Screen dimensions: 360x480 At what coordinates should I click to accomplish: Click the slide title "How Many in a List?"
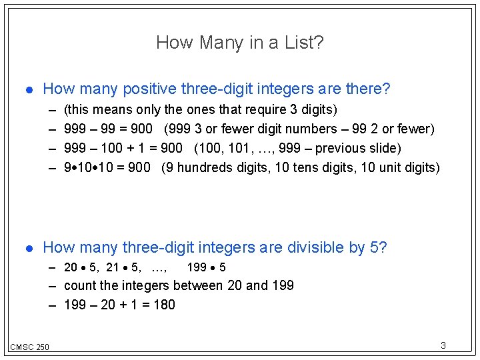pyautogui.click(x=240, y=43)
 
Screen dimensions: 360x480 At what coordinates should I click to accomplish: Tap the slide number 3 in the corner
pyautogui.click(x=443, y=345)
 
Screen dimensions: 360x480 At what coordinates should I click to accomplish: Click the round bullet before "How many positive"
pyautogui.click(x=27, y=89)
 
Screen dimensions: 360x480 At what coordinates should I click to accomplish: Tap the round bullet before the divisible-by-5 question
pyautogui.click(x=27, y=249)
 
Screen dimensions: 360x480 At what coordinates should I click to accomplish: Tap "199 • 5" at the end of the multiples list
pyautogui.click(x=207, y=268)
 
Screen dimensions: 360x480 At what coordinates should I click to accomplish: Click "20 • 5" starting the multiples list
pyautogui.click(x=81, y=268)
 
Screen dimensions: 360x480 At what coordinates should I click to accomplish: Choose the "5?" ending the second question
pyautogui.click(x=378, y=248)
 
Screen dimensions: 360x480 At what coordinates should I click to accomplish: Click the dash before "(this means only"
pyautogui.click(x=53, y=109)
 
